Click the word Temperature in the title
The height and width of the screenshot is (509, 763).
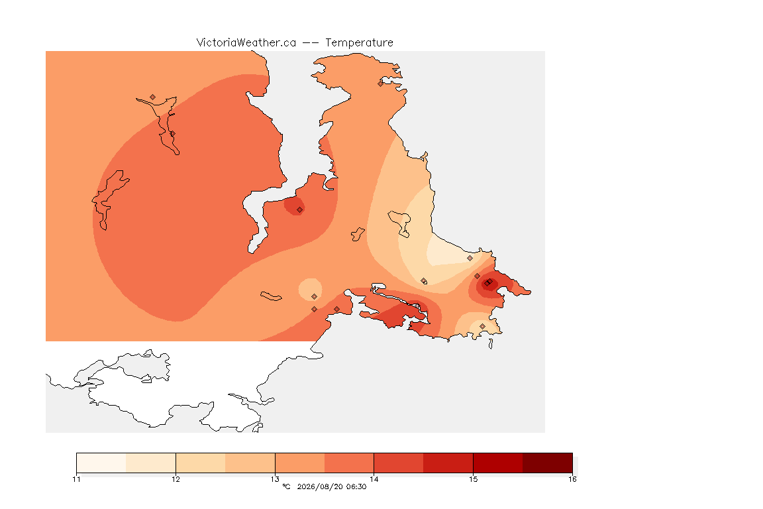(x=359, y=43)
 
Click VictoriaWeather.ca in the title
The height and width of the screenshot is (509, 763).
(x=246, y=43)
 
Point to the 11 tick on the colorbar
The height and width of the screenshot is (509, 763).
(x=76, y=479)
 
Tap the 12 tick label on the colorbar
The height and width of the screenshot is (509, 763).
(x=176, y=479)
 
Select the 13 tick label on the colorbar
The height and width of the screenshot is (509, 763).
(x=275, y=479)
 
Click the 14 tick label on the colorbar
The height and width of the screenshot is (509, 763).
(x=374, y=479)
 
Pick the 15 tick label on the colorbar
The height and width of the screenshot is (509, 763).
(x=473, y=479)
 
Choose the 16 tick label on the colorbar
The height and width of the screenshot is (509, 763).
(x=572, y=479)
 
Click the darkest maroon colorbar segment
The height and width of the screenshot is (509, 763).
(x=548, y=463)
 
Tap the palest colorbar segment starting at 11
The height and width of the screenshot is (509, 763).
(x=101, y=463)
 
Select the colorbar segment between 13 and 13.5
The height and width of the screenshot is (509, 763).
(x=300, y=463)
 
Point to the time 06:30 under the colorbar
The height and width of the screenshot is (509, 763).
(x=356, y=486)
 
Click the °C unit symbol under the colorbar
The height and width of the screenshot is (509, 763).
(x=286, y=486)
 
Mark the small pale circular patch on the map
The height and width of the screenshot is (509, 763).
(x=310, y=290)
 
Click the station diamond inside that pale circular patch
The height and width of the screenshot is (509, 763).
(x=315, y=297)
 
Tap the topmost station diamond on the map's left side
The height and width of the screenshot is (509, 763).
(x=153, y=97)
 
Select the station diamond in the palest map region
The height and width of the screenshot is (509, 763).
(x=470, y=258)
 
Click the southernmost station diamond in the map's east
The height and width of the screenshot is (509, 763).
(x=482, y=326)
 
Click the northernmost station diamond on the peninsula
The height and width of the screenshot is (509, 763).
(x=381, y=84)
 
